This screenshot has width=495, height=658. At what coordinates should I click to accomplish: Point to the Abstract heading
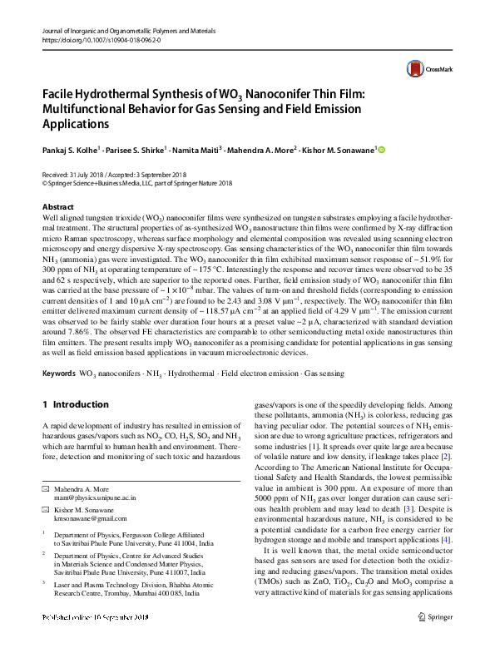tap(57, 206)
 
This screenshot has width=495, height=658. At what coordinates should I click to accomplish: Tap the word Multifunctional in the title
tap(89, 111)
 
